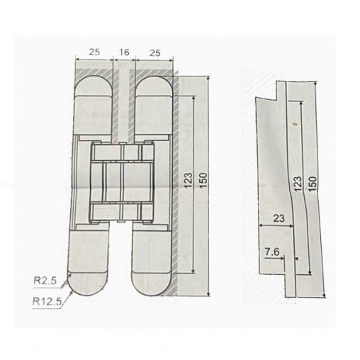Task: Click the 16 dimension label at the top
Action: (124, 52)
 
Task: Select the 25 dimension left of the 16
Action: (94, 52)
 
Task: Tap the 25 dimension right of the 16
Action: (154, 53)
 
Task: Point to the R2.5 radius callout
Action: (45, 281)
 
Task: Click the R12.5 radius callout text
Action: (47, 302)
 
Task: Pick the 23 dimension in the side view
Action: (279, 218)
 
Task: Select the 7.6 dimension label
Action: (272, 252)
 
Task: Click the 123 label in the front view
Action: (189, 180)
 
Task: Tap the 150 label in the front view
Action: (203, 180)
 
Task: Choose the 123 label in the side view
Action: (298, 183)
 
